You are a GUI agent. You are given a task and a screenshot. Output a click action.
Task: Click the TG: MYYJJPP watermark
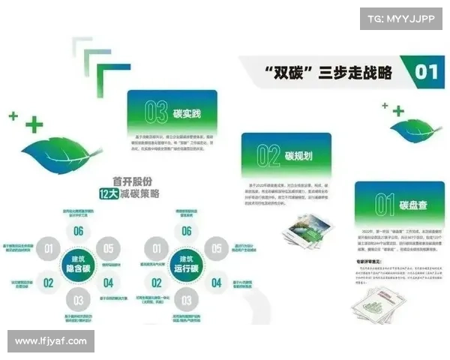pos(400,18)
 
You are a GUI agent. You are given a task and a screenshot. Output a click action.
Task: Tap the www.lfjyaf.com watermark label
pos(51,341)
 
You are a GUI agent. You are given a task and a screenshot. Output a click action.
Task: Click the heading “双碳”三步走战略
pos(328,73)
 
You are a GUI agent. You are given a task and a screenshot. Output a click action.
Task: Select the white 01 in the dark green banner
pos(426,73)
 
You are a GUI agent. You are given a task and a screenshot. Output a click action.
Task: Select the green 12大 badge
pos(109,193)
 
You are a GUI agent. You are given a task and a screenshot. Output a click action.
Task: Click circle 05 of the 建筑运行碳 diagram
pos(217,248)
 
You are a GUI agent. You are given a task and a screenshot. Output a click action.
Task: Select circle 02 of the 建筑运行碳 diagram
pos(157,283)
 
